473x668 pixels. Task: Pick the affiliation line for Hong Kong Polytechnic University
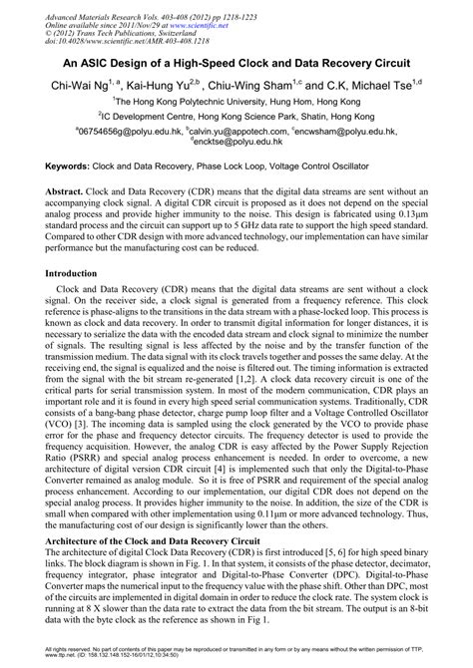click(x=236, y=101)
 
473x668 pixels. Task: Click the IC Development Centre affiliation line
click(x=236, y=116)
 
